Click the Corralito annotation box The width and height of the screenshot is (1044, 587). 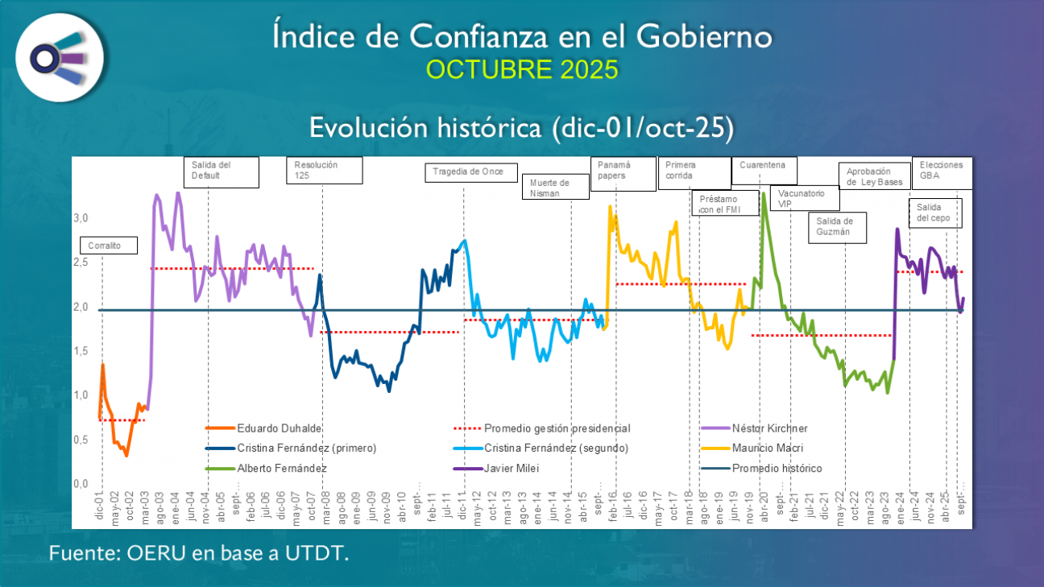109,245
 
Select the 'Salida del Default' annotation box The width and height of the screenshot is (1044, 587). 222,172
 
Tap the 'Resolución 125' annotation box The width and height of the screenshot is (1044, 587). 324,171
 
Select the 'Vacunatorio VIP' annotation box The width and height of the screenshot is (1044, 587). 804,198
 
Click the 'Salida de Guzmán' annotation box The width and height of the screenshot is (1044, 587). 840,227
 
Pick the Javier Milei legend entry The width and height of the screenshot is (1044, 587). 507,468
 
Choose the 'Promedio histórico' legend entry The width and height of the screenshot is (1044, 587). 777,468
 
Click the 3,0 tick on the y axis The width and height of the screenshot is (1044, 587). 80,218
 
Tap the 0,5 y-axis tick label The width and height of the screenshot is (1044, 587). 80,440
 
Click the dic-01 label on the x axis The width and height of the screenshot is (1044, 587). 99,507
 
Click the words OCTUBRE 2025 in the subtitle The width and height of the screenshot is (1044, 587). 522,70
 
